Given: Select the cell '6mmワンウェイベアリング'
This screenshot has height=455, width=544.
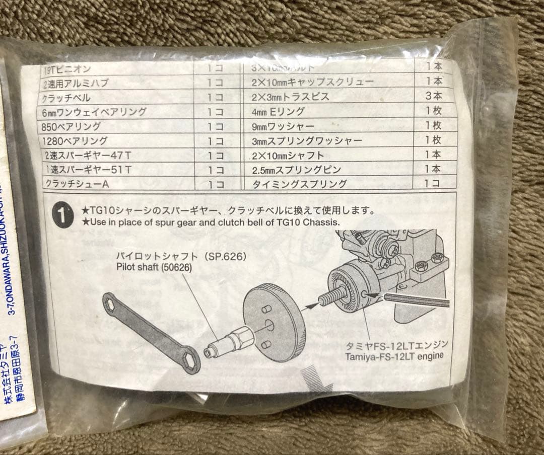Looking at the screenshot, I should click(x=96, y=112).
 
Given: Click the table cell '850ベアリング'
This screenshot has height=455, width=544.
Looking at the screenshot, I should click(x=73, y=126).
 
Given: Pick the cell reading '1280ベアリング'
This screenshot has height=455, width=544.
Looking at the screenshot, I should click(x=76, y=141).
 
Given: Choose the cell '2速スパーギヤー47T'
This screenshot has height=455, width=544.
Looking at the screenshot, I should click(x=88, y=156).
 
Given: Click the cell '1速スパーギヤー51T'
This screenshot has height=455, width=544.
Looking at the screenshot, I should click(x=88, y=170).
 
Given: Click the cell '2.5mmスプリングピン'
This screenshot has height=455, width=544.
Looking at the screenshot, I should click(x=297, y=169).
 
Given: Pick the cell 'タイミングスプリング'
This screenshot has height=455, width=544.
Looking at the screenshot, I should click(x=299, y=184).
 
